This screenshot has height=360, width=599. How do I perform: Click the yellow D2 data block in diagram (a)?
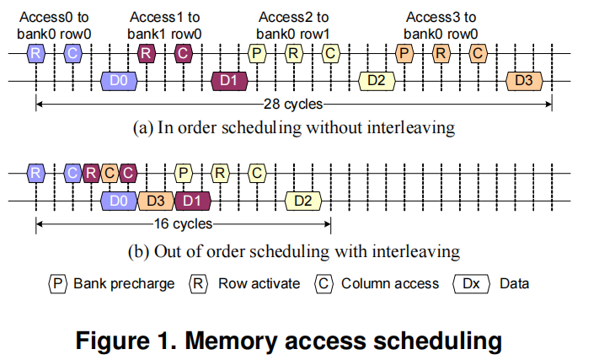click(x=377, y=81)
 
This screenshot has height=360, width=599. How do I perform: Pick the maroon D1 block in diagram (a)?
click(x=227, y=81)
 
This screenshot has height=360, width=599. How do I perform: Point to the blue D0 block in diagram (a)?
click(x=119, y=81)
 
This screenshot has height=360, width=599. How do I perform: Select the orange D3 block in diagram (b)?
click(x=154, y=201)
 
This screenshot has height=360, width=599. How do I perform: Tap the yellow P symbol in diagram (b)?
click(x=183, y=174)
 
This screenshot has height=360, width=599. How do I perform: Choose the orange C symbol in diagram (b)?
click(x=109, y=174)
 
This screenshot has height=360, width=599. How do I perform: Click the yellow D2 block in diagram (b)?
click(x=303, y=201)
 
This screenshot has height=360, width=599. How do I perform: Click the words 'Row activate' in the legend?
click(x=259, y=283)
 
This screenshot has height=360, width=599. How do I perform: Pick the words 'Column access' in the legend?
click(x=389, y=283)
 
